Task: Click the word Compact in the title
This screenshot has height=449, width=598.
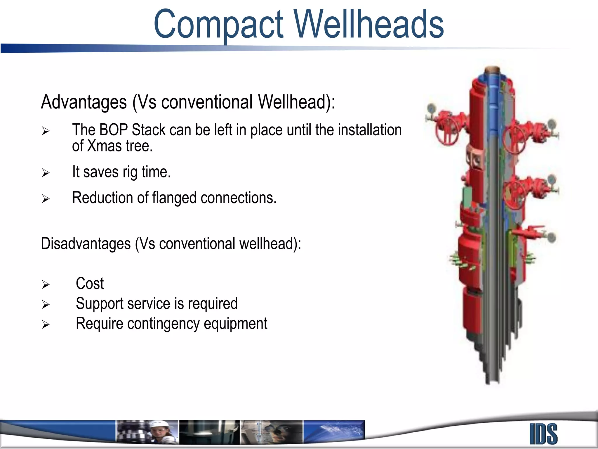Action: tap(218, 25)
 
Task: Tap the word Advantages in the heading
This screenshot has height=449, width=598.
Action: tap(84, 102)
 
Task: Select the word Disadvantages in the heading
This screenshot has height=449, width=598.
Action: tap(86, 244)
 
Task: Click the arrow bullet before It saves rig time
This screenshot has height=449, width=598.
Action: tap(46, 173)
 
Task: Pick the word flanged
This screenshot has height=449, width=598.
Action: tap(174, 198)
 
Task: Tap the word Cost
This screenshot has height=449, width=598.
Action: tap(90, 284)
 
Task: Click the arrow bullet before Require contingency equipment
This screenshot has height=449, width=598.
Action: tap(46, 324)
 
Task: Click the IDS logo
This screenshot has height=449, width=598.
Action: tap(543, 434)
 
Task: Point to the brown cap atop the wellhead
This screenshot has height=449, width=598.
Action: tap(492, 70)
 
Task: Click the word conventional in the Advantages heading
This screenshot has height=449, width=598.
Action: tap(207, 102)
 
